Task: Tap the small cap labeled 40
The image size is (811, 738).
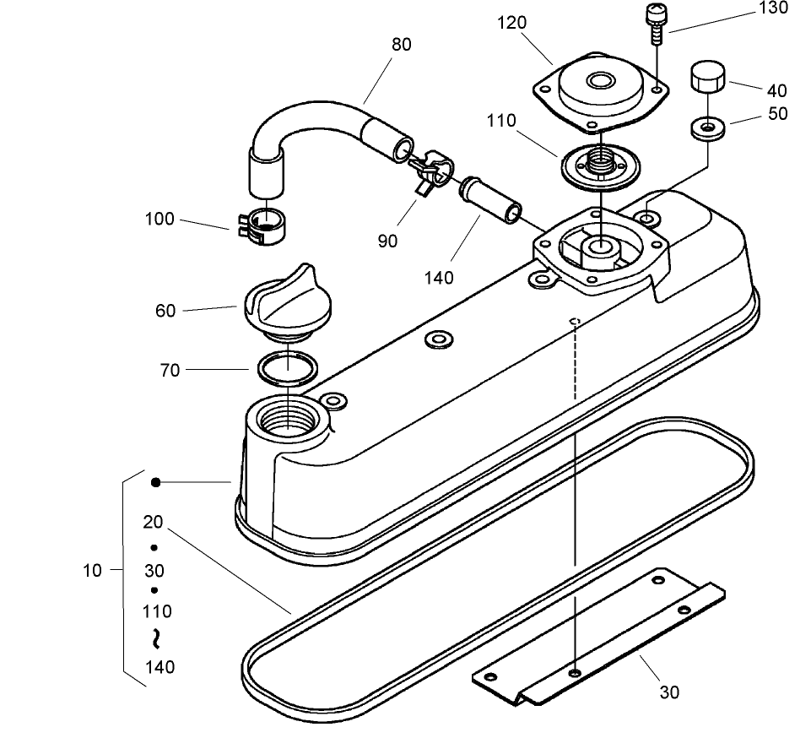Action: [x=707, y=78]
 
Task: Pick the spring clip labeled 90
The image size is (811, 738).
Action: [x=428, y=169]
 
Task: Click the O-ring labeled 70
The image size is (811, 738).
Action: [x=288, y=368]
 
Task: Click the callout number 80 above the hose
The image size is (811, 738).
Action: [x=402, y=45]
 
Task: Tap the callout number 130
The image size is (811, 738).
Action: [x=773, y=8]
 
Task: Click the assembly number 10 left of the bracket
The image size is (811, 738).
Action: [x=92, y=571]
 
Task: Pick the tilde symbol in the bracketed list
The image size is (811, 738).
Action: [x=155, y=639]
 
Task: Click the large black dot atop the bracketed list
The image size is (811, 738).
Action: [x=155, y=482]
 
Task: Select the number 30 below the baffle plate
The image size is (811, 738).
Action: [x=668, y=692]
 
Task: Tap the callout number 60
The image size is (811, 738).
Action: [x=165, y=311]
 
